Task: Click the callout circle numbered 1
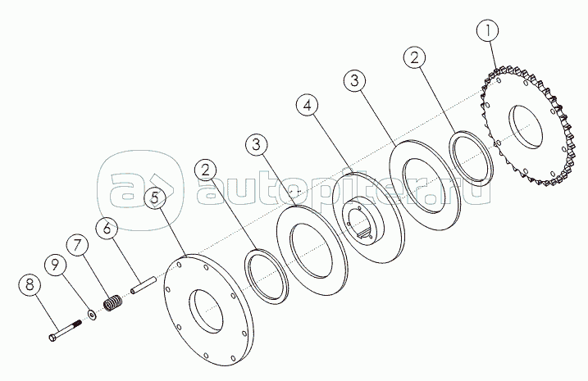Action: [487, 31]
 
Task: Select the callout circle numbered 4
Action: [308, 106]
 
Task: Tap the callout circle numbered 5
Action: [154, 197]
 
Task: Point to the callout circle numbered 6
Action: [107, 228]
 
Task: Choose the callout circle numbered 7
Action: [77, 245]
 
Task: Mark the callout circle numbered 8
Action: [30, 283]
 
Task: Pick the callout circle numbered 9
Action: [55, 265]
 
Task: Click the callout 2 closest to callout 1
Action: [414, 58]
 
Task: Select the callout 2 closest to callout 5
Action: [205, 170]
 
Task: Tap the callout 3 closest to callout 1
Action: [355, 81]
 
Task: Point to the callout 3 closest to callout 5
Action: [257, 144]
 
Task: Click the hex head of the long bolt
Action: [52, 338]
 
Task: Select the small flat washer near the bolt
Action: [92, 314]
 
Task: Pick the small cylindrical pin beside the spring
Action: [143, 284]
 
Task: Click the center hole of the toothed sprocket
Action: [525, 126]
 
